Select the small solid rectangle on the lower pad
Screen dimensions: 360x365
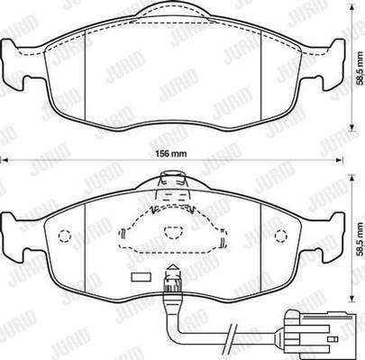coord(140,278)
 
